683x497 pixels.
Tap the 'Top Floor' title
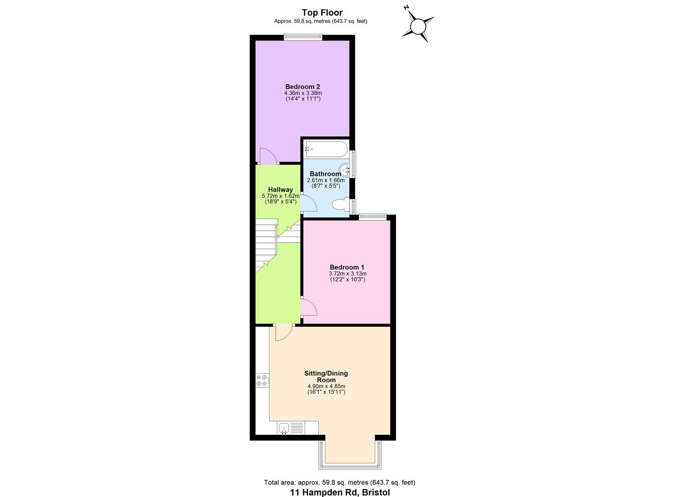pyautogui.click(x=322, y=12)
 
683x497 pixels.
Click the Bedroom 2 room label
pyautogui.click(x=302, y=87)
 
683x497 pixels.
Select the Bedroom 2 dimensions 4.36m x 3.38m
pyautogui.click(x=303, y=93)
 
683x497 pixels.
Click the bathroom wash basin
pyautogui.click(x=346, y=169)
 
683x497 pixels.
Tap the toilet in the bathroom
pyautogui.click(x=341, y=205)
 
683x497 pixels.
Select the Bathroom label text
pyautogui.click(x=325, y=174)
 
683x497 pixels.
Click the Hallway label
pyautogui.click(x=281, y=190)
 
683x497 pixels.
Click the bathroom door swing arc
pyautogui.click(x=309, y=203)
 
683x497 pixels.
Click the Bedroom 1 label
pyautogui.click(x=347, y=267)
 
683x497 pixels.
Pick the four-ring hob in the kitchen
pyautogui.click(x=262, y=380)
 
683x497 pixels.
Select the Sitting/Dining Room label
pyautogui.click(x=326, y=376)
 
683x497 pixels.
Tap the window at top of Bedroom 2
pyautogui.click(x=303, y=38)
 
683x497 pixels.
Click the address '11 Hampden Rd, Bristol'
pyautogui.click(x=339, y=492)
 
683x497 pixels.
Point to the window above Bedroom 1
pyautogui.click(x=372, y=217)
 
